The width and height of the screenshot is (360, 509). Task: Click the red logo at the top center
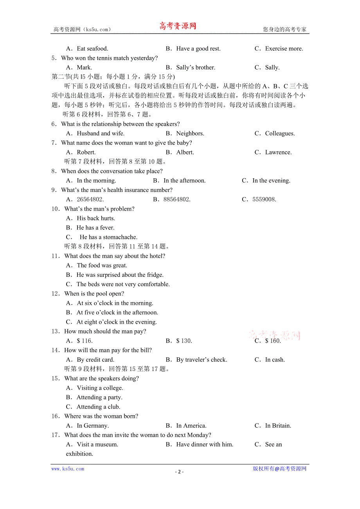178,26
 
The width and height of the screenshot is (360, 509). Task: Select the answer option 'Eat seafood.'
92,48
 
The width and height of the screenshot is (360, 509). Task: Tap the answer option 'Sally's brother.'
196,67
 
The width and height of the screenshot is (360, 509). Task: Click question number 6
54,124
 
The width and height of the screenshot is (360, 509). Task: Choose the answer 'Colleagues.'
280,133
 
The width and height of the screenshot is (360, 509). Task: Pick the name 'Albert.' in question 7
185,152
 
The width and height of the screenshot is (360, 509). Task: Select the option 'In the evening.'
271,181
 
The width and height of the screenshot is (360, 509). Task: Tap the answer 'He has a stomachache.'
108,237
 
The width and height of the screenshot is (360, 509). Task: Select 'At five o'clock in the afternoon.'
117,312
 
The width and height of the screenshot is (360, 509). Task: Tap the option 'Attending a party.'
99,397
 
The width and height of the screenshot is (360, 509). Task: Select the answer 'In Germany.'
93,425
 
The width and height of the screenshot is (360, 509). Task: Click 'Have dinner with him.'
205,444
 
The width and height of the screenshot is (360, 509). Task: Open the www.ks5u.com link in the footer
68,469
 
